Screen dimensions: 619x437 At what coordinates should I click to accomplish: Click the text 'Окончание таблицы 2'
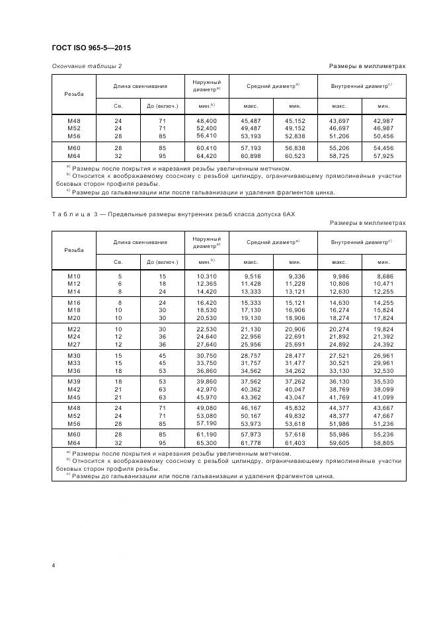coord(87,66)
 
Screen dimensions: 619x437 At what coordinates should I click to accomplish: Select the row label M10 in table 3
coord(74,275)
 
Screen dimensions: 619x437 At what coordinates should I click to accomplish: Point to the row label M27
coord(74,344)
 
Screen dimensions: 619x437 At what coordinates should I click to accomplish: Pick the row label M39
coord(74,382)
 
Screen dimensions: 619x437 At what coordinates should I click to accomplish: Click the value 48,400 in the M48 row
coord(206,121)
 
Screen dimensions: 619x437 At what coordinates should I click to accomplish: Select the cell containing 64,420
coord(206,156)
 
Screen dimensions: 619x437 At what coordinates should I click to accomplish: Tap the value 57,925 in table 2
coord(383,156)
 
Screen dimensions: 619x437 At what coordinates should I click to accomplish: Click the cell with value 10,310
coord(206,275)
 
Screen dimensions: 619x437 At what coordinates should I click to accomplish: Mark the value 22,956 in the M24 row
coord(251,337)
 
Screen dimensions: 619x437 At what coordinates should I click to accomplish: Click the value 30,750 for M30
coord(206,356)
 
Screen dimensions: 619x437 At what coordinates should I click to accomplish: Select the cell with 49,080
coord(206,409)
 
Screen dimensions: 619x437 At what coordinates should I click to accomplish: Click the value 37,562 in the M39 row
coord(251,382)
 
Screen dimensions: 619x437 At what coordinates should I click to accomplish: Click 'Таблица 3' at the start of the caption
coord(77,214)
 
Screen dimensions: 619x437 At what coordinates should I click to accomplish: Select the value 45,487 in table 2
coord(251,121)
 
